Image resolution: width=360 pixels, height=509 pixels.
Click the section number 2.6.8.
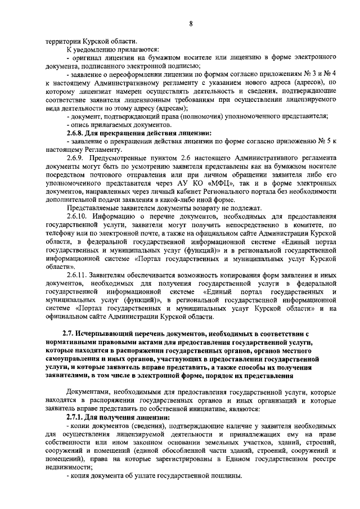tap(78, 133)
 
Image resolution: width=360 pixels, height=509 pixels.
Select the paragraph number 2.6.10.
tap(78, 216)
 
